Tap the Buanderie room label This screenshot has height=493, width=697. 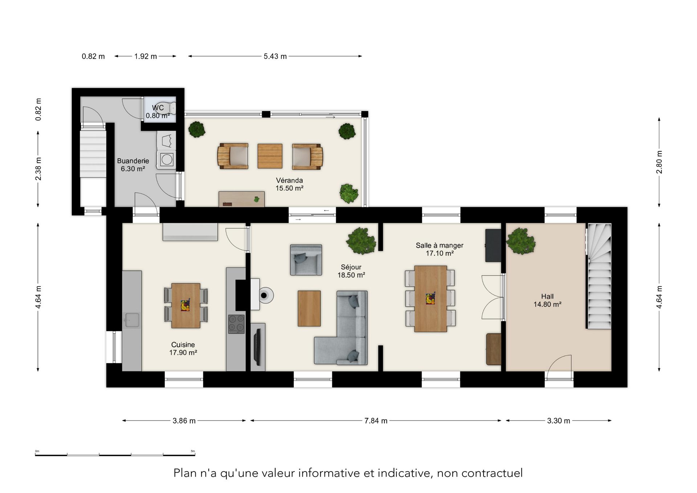click(x=133, y=161)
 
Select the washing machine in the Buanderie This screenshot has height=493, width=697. click(x=167, y=159)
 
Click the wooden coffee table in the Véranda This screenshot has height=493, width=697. click(x=270, y=156)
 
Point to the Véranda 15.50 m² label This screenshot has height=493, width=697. click(x=289, y=184)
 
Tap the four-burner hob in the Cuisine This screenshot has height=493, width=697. click(x=236, y=324)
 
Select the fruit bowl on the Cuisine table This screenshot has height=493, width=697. click(x=185, y=305)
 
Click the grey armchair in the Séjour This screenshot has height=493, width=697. click(x=306, y=260)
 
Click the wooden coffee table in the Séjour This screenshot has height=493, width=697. click(x=309, y=308)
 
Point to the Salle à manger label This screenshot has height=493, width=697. click(x=439, y=245)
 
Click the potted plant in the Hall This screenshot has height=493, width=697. click(x=521, y=241)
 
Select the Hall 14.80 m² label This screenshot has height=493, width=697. click(x=547, y=301)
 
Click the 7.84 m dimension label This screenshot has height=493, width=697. click(x=376, y=421)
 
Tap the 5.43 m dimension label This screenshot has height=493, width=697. click(x=275, y=56)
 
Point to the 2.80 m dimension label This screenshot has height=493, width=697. click(x=659, y=162)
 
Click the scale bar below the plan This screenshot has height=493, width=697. click(x=115, y=455)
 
